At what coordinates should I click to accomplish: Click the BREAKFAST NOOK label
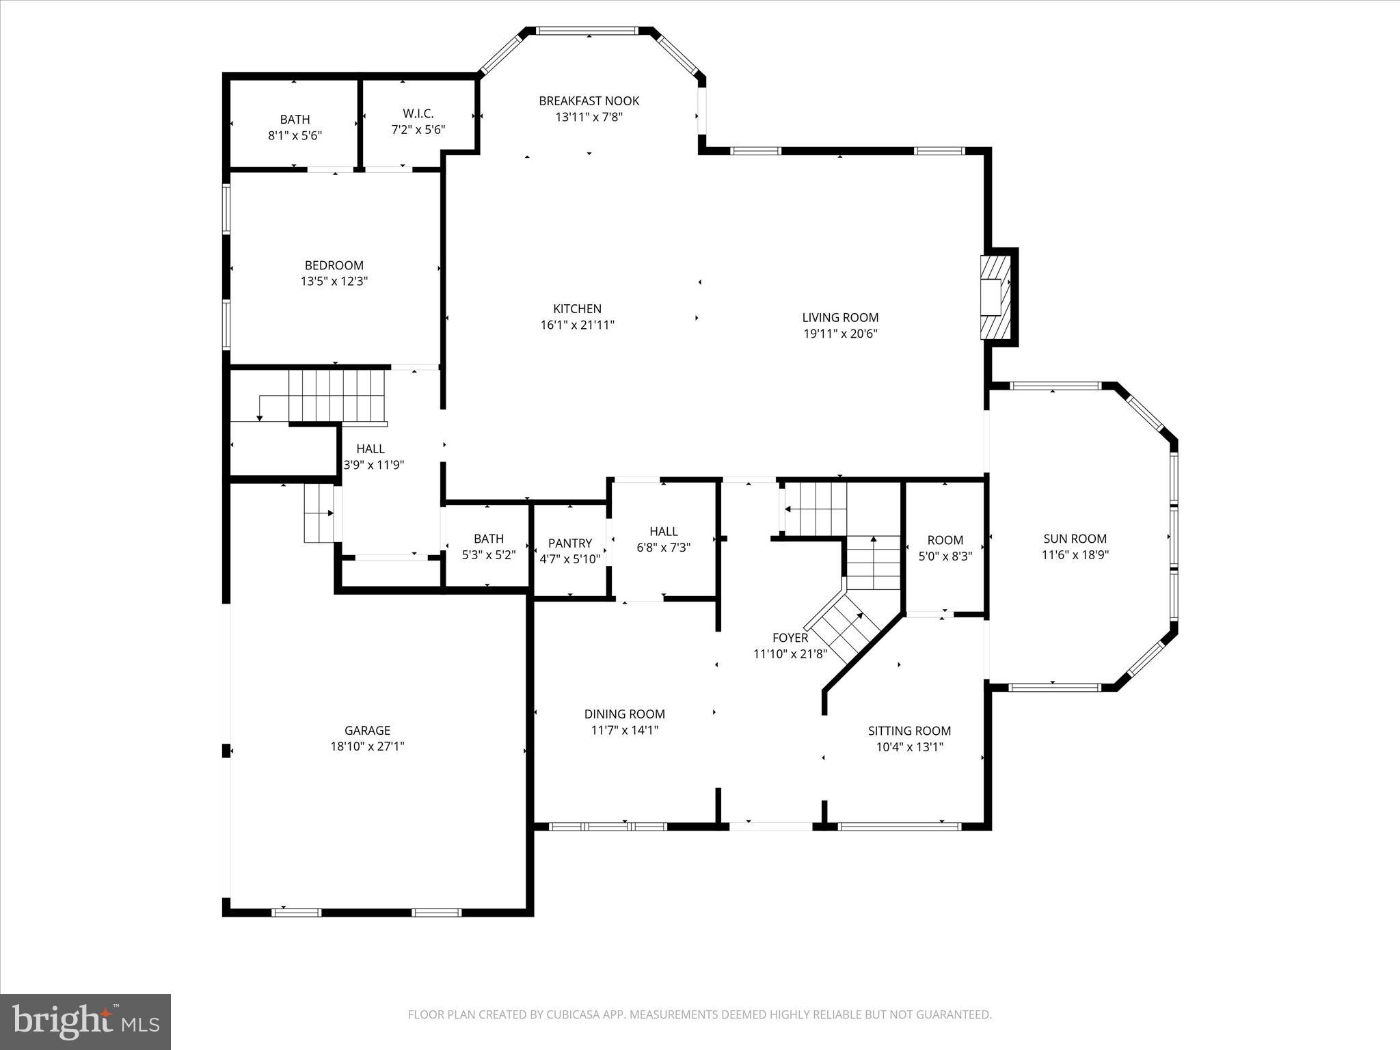[589, 101]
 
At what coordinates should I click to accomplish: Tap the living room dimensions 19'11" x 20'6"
[840, 334]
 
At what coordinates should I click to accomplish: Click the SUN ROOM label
[1075, 539]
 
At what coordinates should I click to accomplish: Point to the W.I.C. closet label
[418, 113]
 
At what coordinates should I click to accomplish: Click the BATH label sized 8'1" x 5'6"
[295, 120]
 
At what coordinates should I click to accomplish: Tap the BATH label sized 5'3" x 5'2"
[488, 539]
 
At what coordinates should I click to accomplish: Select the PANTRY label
[569, 543]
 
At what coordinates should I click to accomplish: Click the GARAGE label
[367, 730]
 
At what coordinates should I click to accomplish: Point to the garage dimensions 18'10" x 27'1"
[367, 746]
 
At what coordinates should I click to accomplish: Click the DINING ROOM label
[624, 714]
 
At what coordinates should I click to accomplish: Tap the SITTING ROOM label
[909, 731]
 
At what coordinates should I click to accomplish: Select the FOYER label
[790, 638]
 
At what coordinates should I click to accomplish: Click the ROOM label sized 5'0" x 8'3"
[945, 540]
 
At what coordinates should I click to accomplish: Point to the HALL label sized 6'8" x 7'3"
[663, 531]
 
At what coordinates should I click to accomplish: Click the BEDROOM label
[334, 265]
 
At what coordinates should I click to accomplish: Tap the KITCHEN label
[577, 309]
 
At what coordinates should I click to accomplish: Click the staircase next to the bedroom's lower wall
[335, 396]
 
